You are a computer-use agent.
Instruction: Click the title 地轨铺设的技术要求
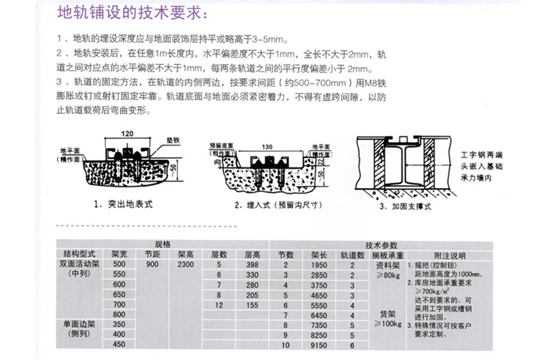pyautogui.click(x=133, y=14)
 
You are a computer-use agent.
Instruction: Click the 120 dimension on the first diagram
pyautogui.click(x=127, y=133)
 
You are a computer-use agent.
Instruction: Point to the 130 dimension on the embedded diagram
pyautogui.click(x=266, y=146)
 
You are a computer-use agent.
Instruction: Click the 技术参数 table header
pyautogui.click(x=381, y=245)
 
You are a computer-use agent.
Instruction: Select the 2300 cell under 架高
pyautogui.click(x=185, y=264)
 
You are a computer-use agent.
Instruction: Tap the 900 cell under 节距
pyautogui.click(x=152, y=264)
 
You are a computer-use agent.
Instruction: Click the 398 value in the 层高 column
pyautogui.click(x=251, y=264)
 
